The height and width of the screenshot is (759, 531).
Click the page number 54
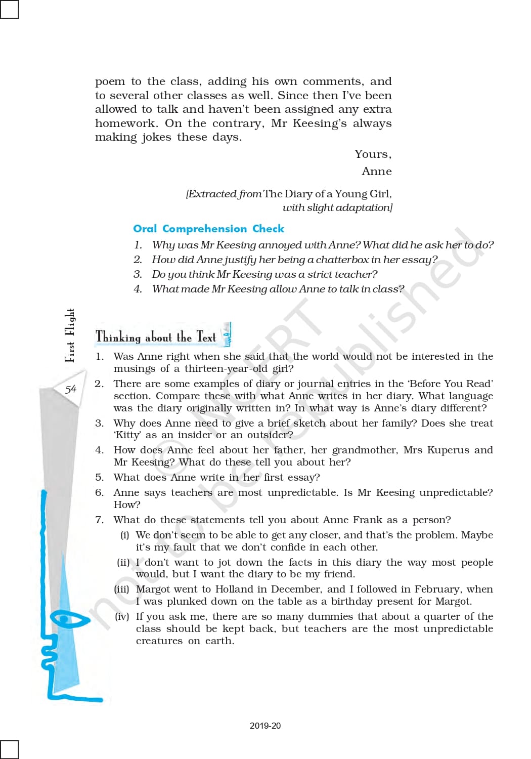tap(70, 389)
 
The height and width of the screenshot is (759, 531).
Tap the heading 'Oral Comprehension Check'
tap(208, 229)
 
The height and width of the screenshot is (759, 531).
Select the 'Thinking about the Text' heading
tap(156, 336)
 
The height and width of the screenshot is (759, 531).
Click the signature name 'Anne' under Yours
tap(376, 171)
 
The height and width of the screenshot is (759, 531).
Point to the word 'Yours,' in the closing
tap(373, 154)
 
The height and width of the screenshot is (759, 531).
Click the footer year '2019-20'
tap(265, 726)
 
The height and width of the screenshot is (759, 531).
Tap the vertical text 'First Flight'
tap(70, 335)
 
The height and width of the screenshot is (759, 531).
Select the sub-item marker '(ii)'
tap(123, 562)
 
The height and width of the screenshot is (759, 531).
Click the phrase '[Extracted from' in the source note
tap(224, 194)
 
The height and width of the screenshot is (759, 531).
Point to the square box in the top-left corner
tap(9, 9)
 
